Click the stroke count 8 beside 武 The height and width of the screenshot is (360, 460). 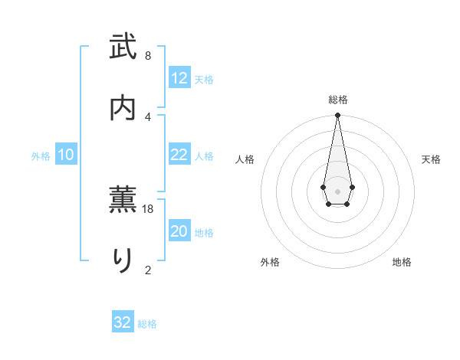[x=148, y=56]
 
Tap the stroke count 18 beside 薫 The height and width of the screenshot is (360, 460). [x=149, y=208]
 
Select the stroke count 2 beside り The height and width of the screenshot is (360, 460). [x=148, y=269]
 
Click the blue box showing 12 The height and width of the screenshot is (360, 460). [x=179, y=78]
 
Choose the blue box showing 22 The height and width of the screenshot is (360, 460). [x=179, y=155]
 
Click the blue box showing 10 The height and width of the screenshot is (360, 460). [x=66, y=155]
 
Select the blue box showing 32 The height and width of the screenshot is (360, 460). [x=123, y=322]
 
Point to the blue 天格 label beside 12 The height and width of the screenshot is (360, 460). [x=204, y=80]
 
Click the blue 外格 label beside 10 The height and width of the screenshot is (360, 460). [x=41, y=156]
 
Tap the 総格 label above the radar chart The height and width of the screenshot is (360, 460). [x=337, y=100]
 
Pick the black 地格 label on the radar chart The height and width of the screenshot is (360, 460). [x=402, y=262]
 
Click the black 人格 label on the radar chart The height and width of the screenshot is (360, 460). [x=245, y=159]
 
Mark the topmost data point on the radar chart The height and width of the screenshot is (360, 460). [x=337, y=115]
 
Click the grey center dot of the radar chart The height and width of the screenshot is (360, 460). [x=337, y=190]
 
